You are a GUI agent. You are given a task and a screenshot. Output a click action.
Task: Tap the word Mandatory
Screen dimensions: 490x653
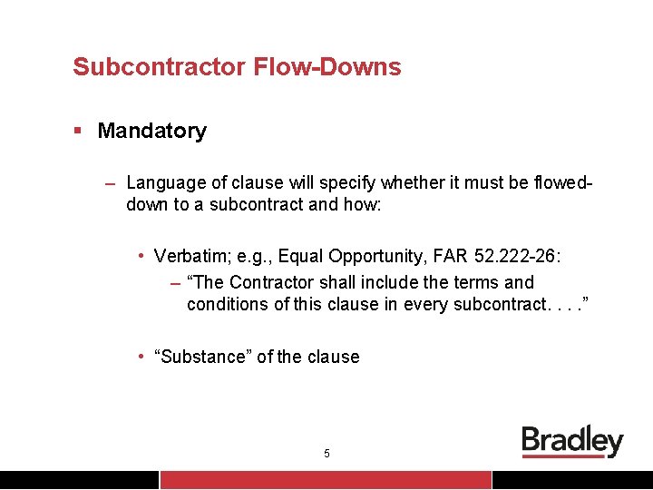pyautogui.click(x=151, y=131)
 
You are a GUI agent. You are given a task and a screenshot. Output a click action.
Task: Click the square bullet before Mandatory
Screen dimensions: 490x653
pyautogui.click(x=79, y=131)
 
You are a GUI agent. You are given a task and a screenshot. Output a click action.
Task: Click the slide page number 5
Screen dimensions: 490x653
pyautogui.click(x=326, y=453)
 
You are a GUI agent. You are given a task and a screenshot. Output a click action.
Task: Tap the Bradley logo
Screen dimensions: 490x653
pyautogui.click(x=572, y=442)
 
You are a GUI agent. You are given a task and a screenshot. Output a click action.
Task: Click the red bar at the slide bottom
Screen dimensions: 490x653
pyautogui.click(x=326, y=480)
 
